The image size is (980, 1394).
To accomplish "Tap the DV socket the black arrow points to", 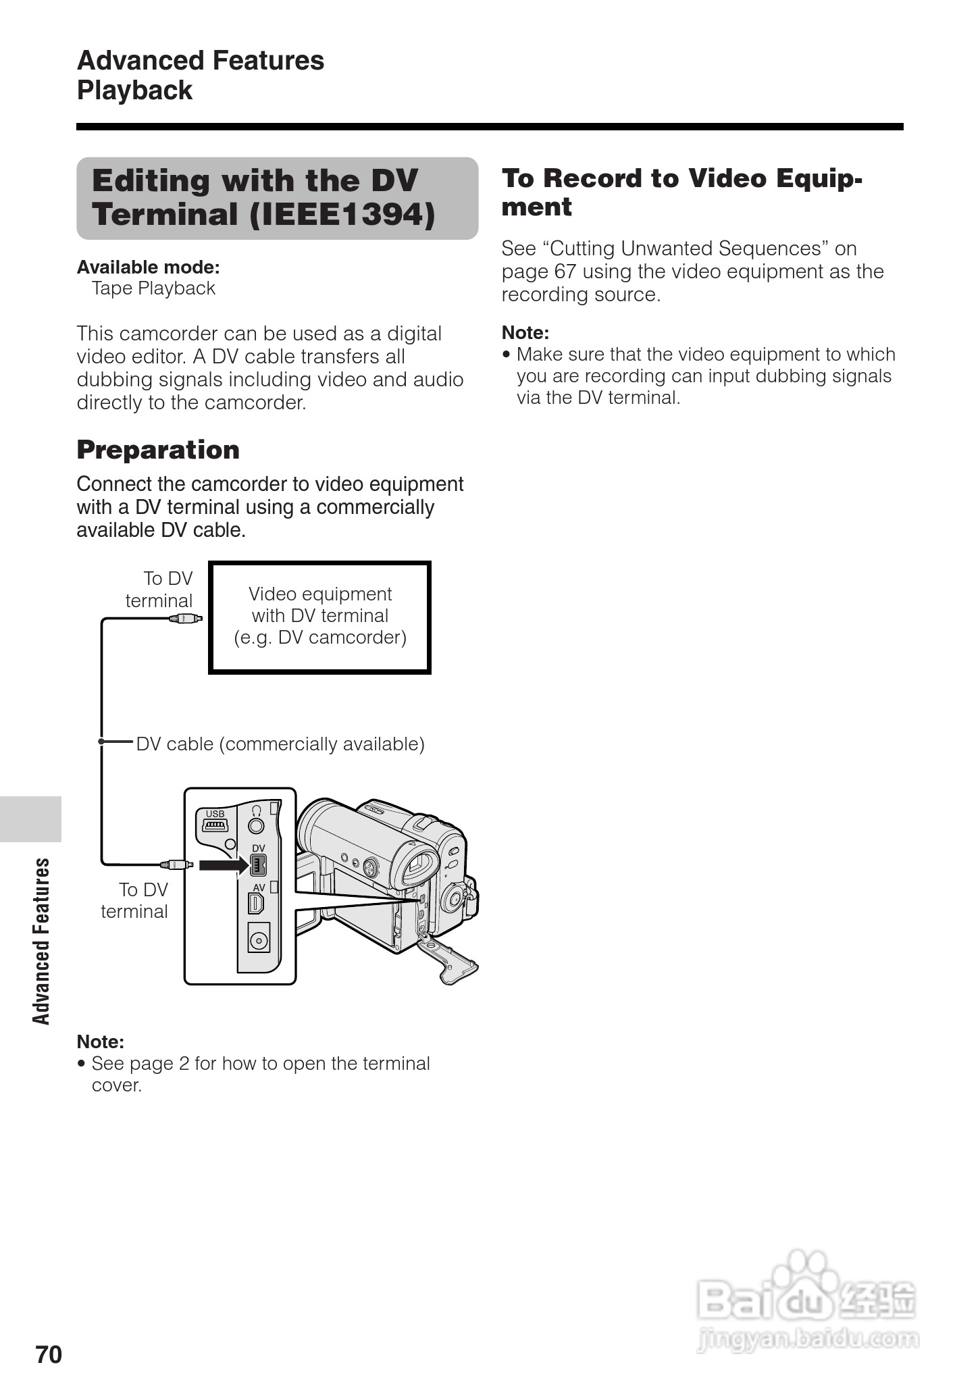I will (x=258, y=864).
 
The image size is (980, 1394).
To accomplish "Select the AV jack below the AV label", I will (x=257, y=902).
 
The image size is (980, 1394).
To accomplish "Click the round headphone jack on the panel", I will (x=256, y=825).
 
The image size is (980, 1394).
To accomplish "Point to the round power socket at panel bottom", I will (x=259, y=939).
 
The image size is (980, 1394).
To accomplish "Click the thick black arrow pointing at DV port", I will (x=224, y=864).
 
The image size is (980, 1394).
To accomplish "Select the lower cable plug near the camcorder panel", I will (x=177, y=864).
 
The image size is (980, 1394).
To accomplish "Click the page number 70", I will (x=49, y=1354).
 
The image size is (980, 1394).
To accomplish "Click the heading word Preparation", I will (x=158, y=450).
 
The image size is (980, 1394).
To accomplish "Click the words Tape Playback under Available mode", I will (x=153, y=288).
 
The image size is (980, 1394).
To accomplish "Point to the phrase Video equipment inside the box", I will (x=320, y=594).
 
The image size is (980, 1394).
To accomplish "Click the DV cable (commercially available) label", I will (x=280, y=744).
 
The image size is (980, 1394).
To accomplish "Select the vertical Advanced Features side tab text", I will (x=42, y=941).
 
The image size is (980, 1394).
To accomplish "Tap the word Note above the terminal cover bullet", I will (x=100, y=1041).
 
